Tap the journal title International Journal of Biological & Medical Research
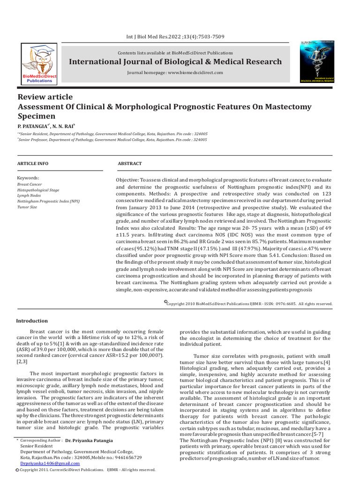175,62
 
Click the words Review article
45,97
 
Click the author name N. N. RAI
62,127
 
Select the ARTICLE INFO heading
32,164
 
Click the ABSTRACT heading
129,164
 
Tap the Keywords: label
28,178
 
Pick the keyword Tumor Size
27,207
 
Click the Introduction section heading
32,321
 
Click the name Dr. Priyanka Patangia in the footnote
90,441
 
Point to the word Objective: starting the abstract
127,180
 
